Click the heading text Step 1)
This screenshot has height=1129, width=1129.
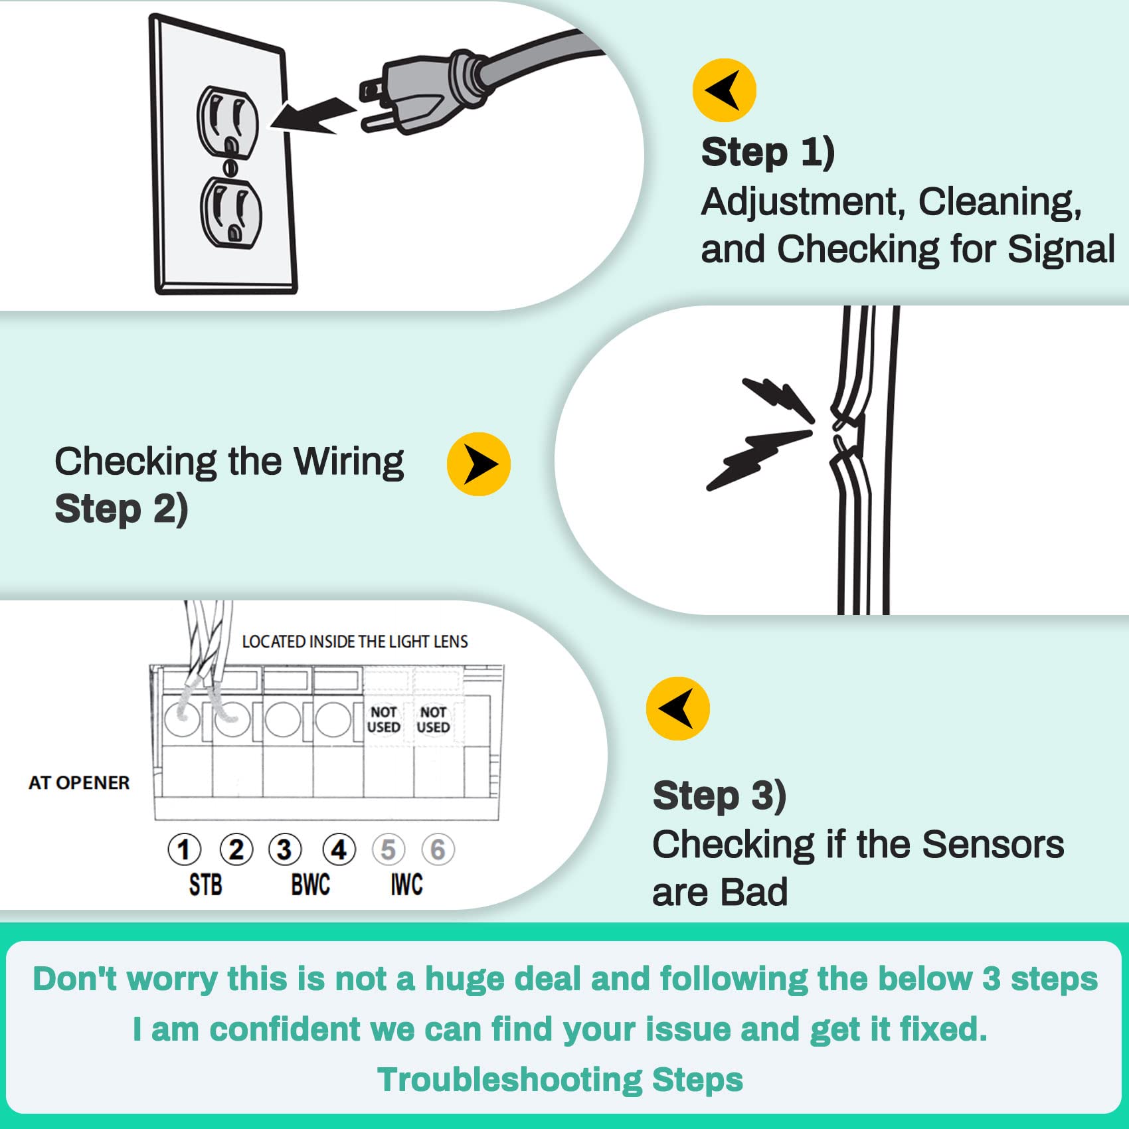coord(768,153)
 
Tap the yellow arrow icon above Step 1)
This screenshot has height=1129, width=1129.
coord(724,90)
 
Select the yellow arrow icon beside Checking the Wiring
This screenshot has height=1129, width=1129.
coord(478,464)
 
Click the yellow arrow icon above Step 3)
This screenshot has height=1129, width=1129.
coord(677,708)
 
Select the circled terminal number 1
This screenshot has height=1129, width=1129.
coord(184,849)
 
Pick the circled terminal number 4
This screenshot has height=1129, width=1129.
coord(339,849)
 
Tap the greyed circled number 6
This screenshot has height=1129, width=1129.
coord(438,849)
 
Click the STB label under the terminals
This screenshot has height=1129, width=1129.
coord(205,885)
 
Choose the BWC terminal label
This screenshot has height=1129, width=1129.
coord(310,885)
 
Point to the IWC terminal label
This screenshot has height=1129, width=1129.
coord(406,885)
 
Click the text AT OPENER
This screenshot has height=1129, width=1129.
coord(79,782)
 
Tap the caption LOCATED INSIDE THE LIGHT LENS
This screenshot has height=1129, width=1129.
coord(355,642)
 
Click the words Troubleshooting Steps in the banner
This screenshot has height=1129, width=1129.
coord(560,1079)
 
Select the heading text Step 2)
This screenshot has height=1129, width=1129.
coord(122,509)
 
